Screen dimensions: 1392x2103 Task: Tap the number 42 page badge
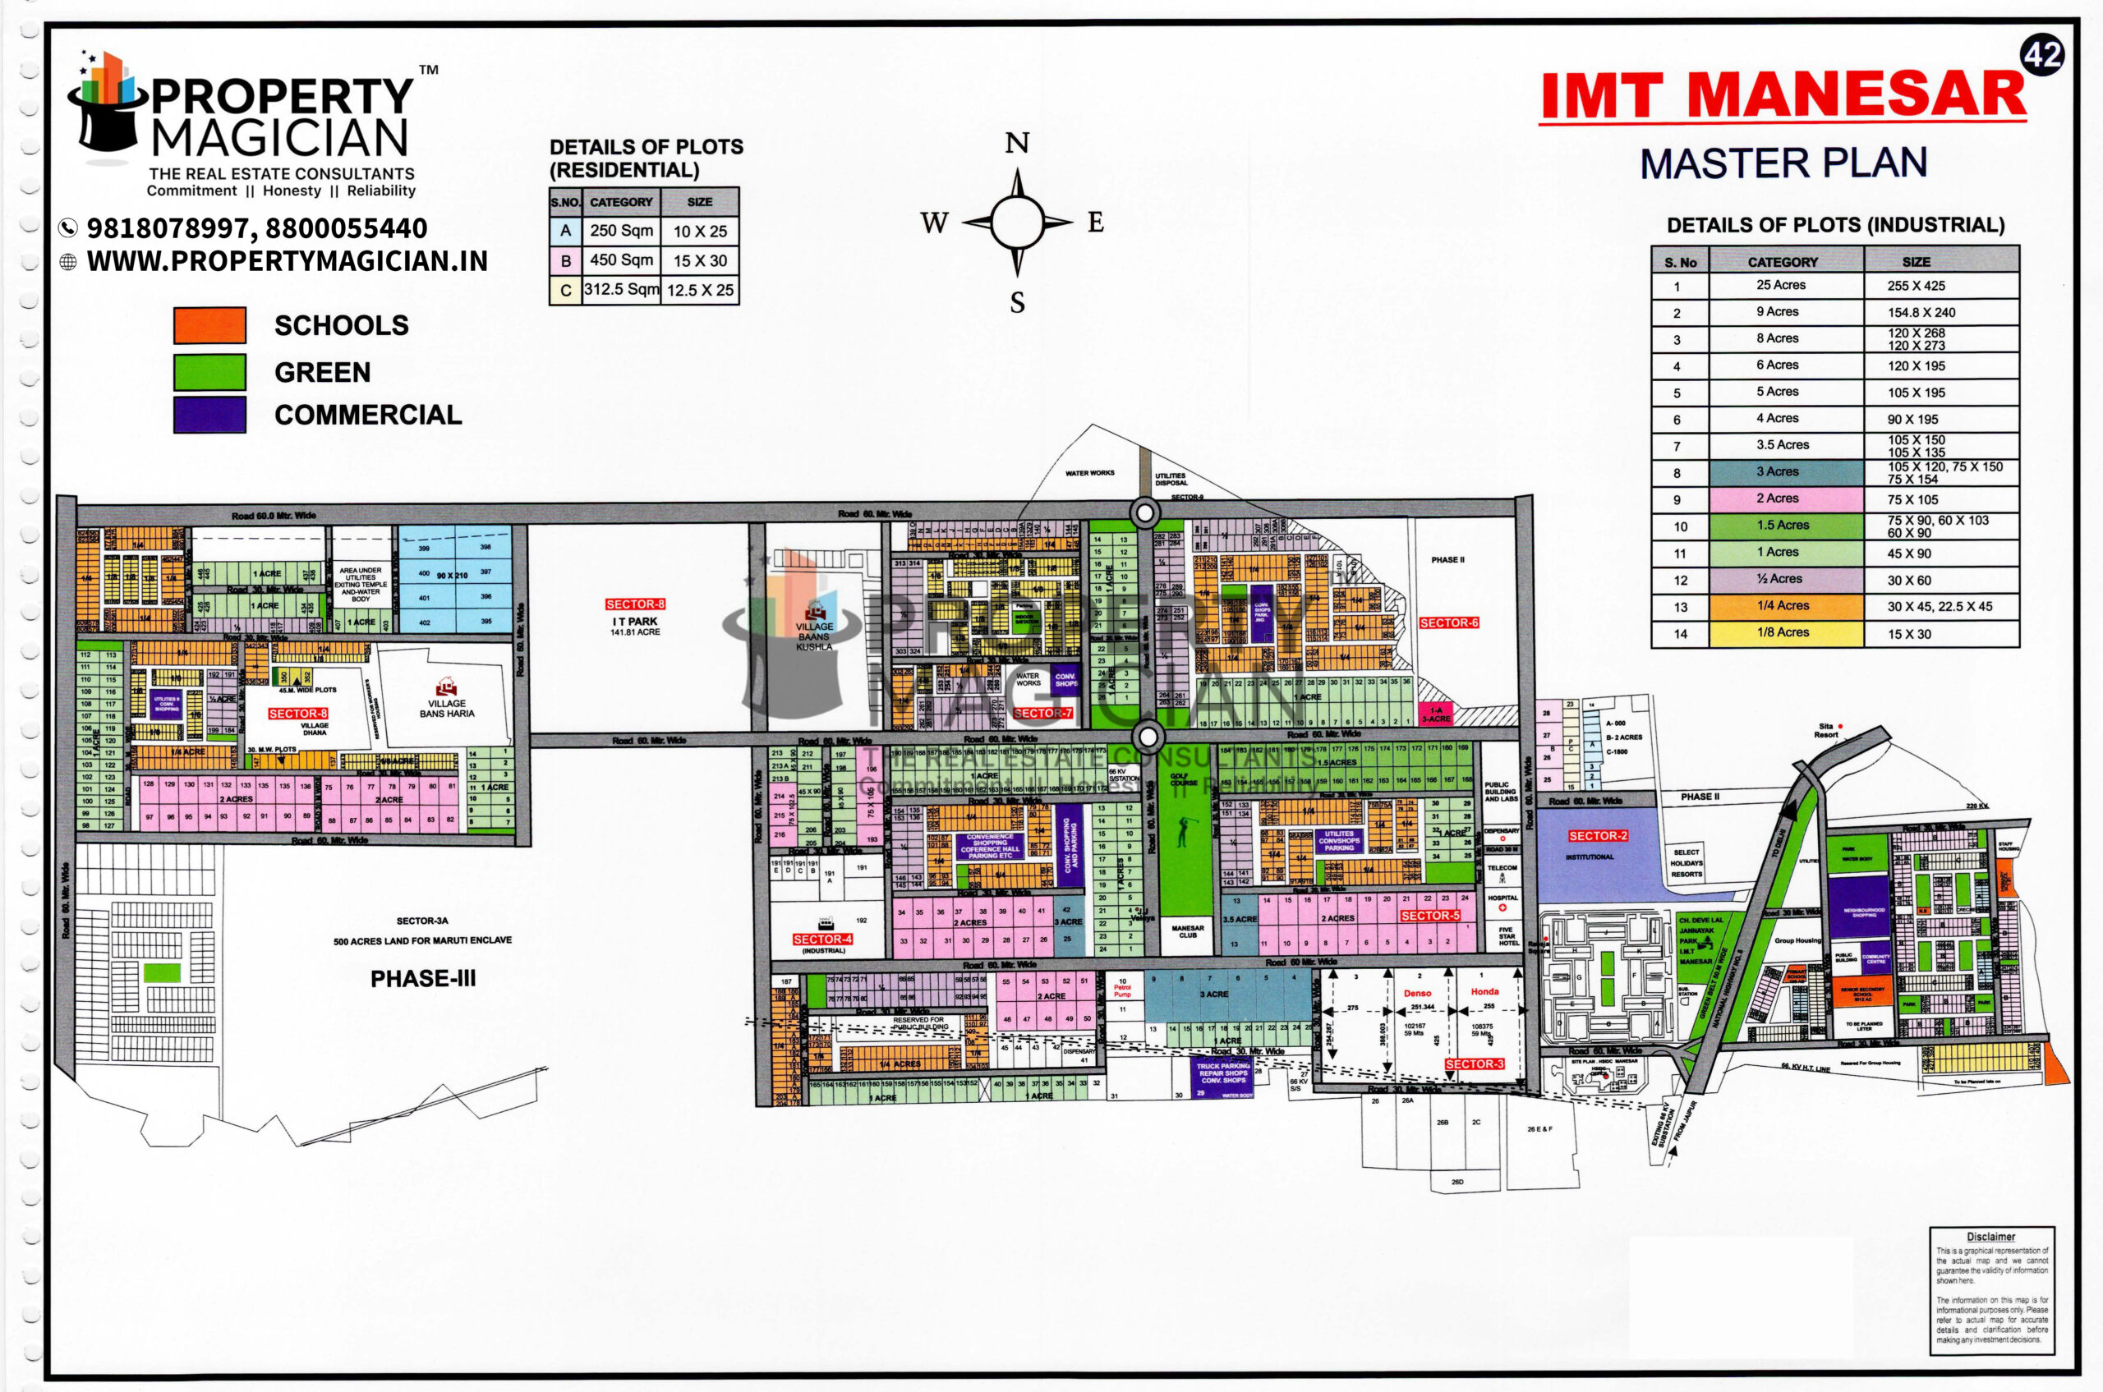pos(2042,56)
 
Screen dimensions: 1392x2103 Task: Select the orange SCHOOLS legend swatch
pos(209,325)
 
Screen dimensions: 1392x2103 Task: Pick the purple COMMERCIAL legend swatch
pos(209,415)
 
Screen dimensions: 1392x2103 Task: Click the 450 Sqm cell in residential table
pos(621,260)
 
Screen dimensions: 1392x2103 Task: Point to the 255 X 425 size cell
pos(1916,286)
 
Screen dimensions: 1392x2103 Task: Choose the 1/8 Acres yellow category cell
pos(1786,633)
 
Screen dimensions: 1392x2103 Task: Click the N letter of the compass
pos(1017,144)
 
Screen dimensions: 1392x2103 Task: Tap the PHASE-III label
pos(423,978)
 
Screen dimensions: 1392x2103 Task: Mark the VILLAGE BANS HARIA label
pos(447,708)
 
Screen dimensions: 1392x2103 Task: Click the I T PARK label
pos(635,622)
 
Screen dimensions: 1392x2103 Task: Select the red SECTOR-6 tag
pos(1448,623)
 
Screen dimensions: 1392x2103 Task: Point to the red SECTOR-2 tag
pos(1598,836)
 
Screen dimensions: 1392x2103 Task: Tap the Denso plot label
pos(1417,994)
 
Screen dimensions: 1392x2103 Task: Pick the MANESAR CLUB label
pos(1187,931)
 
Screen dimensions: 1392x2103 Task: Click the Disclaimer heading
pos(1990,1237)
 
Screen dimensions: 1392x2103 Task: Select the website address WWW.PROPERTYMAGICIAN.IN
pos(287,261)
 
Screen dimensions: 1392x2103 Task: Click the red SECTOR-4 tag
pos(822,939)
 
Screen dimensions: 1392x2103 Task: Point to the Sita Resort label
pos(1826,730)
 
